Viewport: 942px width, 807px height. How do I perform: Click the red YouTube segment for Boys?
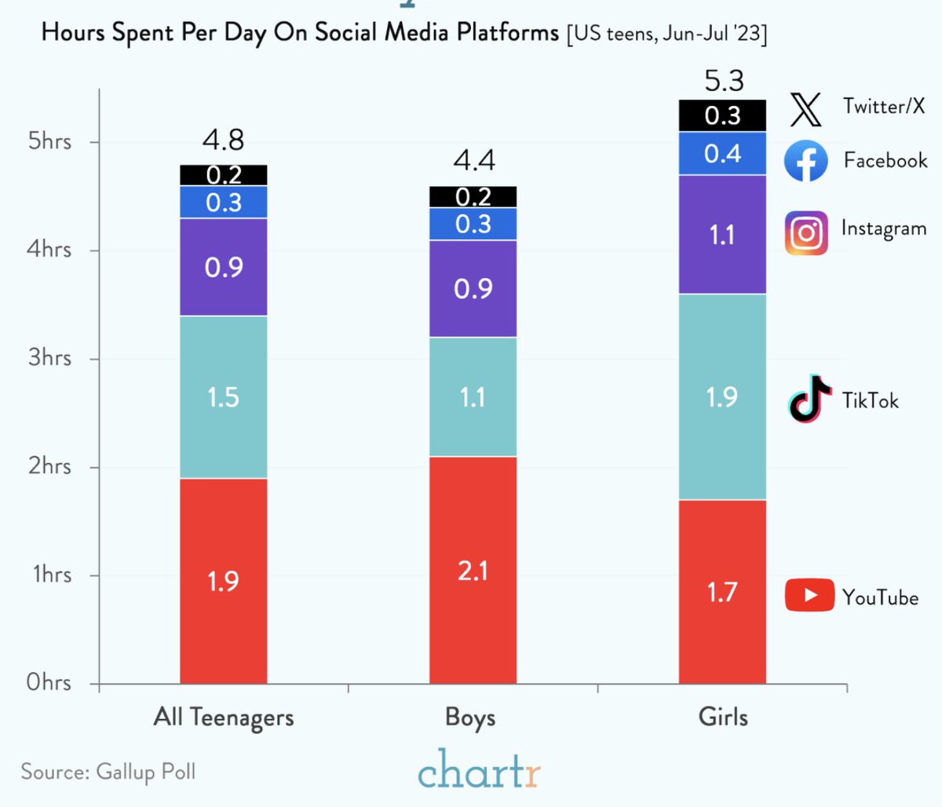[473, 569]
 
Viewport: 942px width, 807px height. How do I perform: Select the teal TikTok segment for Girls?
[722, 396]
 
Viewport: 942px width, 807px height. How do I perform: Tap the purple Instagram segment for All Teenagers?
[224, 267]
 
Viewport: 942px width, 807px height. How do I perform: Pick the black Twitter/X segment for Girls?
[722, 115]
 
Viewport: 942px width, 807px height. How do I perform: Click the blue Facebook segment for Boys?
[473, 224]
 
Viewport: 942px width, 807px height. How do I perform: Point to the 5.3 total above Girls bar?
[724, 81]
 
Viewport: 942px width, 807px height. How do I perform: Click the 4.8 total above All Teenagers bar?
[223, 141]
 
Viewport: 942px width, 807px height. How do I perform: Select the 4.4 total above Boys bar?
[474, 161]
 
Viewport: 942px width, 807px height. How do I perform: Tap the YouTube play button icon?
[809, 595]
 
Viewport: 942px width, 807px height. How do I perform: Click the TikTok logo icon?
[809, 399]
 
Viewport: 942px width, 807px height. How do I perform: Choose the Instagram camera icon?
[806, 233]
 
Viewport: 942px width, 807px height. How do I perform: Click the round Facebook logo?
[806, 161]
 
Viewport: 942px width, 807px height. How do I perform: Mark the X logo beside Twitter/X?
[805, 108]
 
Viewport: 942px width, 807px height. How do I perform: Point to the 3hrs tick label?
[49, 358]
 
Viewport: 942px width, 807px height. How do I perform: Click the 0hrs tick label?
[49, 682]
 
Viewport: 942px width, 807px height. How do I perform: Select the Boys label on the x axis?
[470, 717]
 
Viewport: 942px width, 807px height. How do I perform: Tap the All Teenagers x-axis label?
[224, 717]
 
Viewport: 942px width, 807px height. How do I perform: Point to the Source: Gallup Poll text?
[108, 771]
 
